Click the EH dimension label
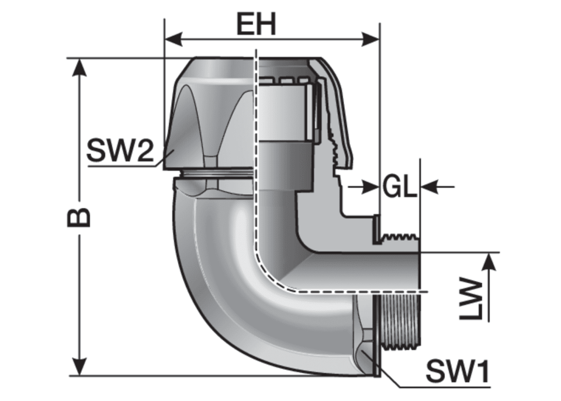[256, 25]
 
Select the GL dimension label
[400, 186]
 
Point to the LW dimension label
[471, 299]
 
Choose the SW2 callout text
[120, 150]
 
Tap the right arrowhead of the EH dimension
[370, 39]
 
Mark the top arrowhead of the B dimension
[79, 67]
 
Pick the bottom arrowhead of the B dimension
[79, 366]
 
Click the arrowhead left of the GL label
[370, 186]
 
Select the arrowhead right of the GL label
[429, 186]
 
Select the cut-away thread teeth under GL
[400, 237]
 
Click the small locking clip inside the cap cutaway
[316, 136]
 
